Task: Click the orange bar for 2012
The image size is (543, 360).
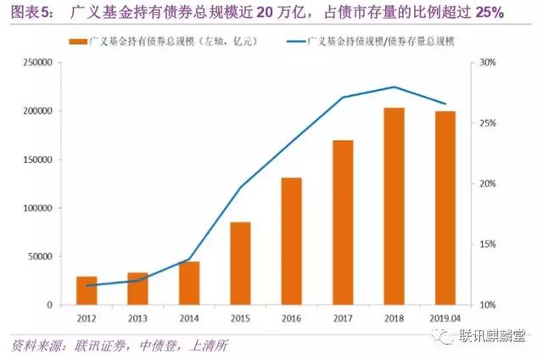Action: click(x=87, y=290)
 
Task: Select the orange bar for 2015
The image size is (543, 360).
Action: click(x=240, y=263)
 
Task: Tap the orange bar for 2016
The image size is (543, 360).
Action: click(x=291, y=241)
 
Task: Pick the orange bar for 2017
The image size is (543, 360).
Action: click(x=343, y=222)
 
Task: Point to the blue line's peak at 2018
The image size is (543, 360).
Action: click(x=394, y=87)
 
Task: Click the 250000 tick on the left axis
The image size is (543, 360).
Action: click(x=37, y=63)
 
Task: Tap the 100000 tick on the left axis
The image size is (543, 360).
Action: click(x=37, y=208)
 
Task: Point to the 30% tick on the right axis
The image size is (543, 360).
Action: click(x=490, y=63)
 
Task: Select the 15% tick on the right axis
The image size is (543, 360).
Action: click(x=490, y=245)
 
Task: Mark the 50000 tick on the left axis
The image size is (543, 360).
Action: click(x=40, y=256)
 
